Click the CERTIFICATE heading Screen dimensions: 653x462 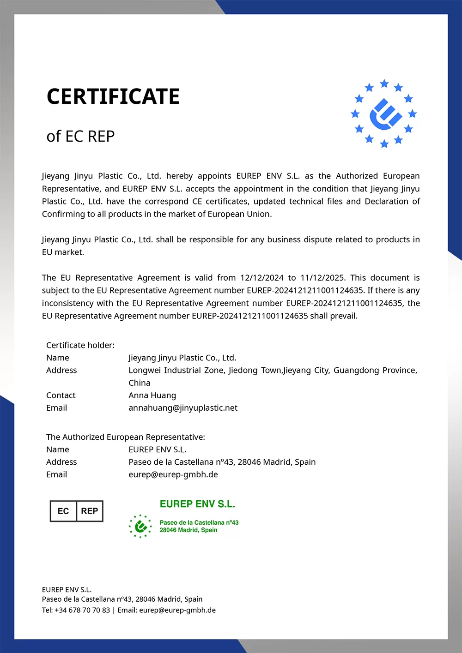(x=113, y=96)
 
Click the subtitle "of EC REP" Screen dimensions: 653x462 (x=80, y=137)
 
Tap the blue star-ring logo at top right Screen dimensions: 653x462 (x=383, y=114)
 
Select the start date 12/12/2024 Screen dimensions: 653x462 (x=261, y=278)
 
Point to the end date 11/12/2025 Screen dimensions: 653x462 (x=322, y=278)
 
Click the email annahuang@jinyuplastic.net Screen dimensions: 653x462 (x=183, y=408)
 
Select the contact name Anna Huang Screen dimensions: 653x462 (x=152, y=395)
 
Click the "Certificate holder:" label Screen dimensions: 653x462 (x=80, y=345)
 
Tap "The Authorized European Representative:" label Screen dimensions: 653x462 (x=126, y=437)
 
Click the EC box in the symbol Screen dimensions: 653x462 (x=63, y=511)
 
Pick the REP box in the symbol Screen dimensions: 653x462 (x=89, y=511)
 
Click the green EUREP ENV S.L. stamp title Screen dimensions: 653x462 (x=197, y=504)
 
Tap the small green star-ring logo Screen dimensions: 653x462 (x=140, y=526)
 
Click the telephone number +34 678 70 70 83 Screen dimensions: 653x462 (x=82, y=610)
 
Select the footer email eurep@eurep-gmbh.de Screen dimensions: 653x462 (x=177, y=610)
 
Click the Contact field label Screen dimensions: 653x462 (x=61, y=395)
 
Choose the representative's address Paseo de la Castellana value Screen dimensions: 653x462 (x=222, y=462)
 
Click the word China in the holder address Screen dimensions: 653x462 (x=139, y=383)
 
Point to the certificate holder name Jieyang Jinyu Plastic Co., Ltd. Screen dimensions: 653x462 (x=182, y=358)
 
